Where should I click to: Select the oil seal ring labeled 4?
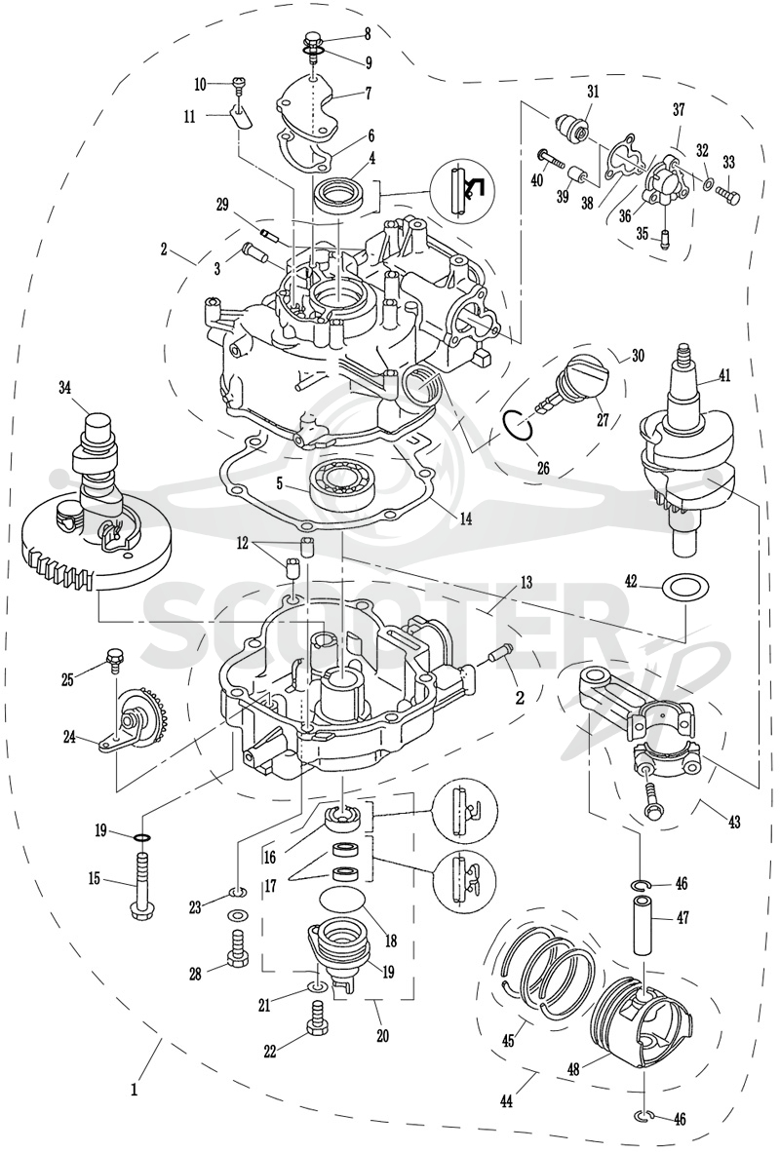pyautogui.click(x=339, y=198)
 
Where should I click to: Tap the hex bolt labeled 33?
pyautogui.click(x=729, y=196)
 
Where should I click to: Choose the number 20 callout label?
pyautogui.click(x=382, y=1037)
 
